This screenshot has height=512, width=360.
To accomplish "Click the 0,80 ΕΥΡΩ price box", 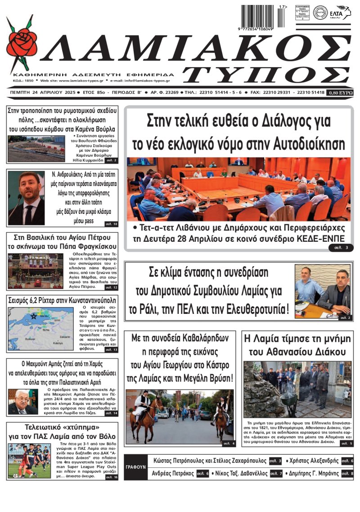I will [341, 92].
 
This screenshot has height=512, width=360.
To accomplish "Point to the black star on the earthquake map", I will [21, 316].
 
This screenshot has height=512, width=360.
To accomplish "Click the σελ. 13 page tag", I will [111, 349].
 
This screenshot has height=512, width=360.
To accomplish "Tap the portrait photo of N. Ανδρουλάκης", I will [26, 198].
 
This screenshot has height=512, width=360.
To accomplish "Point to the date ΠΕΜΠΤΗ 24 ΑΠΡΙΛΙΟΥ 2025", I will [37, 92].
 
